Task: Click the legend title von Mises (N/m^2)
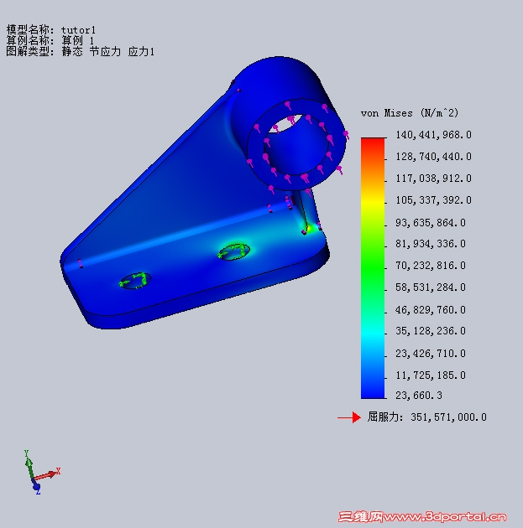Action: (410, 112)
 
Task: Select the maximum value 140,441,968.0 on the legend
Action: (433, 135)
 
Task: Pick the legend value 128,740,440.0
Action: (433, 157)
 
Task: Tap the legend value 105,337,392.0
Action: (433, 200)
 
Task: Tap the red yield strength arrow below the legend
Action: (348, 417)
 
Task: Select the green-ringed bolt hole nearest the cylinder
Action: (233, 251)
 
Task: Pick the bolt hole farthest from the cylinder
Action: (133, 280)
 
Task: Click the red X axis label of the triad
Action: (58, 471)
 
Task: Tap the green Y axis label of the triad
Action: (27, 453)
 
